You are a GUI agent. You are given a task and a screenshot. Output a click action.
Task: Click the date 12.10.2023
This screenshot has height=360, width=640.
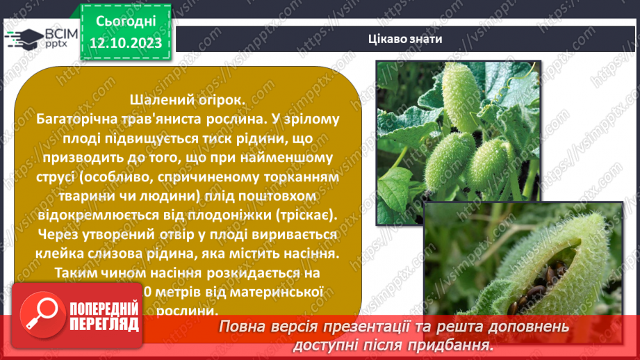click(x=125, y=44)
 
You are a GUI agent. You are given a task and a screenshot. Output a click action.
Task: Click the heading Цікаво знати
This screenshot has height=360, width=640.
click(x=405, y=39)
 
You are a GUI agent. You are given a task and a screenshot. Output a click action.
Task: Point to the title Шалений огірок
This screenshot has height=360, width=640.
click(x=187, y=100)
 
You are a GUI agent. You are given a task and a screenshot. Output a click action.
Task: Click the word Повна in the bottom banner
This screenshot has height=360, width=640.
click(x=244, y=327)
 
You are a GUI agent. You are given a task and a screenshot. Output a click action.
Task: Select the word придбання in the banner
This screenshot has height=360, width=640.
click(x=459, y=345)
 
